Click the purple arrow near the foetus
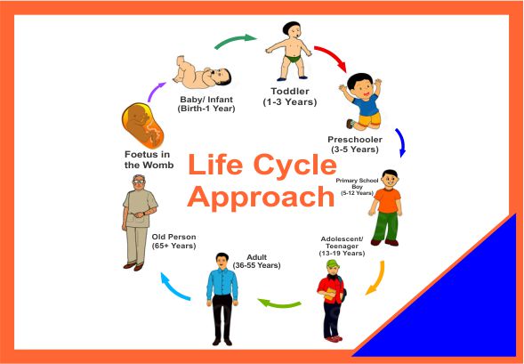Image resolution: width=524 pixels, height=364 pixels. coord(155,91)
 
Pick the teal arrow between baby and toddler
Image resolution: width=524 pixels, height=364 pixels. coord(235,40)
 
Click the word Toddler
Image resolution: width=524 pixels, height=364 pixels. coord(290,92)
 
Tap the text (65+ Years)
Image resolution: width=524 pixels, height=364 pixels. coord(173,246)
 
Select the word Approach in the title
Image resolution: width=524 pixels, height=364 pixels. coord(261,196)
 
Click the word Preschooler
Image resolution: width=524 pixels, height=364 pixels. coord(355,139)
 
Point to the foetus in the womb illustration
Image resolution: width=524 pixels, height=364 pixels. coord(142,125)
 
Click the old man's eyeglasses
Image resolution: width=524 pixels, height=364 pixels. coord(139,182)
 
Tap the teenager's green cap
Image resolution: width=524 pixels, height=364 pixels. coord(334,264)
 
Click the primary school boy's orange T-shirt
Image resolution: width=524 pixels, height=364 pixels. coord(388,200)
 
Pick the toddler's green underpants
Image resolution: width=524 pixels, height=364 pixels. coord(293,59)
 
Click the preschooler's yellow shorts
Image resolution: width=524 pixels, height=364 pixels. coord(369,119)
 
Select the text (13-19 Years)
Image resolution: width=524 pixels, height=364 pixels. coord(342,254)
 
